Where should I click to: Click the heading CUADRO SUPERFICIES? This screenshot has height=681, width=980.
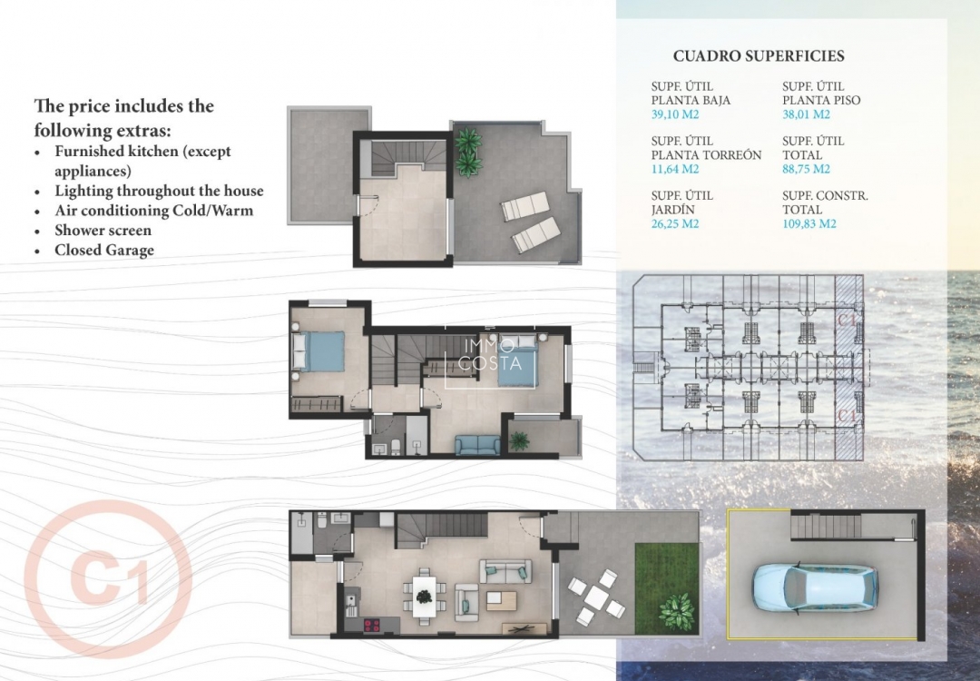pos(759,56)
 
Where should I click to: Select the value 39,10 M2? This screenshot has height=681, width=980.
pos(675,114)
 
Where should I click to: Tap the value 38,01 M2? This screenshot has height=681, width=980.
pos(806,114)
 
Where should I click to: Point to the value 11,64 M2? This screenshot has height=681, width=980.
pos(675,169)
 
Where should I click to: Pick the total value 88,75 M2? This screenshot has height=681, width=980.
pos(806,169)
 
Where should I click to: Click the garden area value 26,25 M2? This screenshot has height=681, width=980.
pos(675,223)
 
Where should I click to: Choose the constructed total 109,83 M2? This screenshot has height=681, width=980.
pos(809,223)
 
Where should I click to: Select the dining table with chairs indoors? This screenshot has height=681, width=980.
pos(425,596)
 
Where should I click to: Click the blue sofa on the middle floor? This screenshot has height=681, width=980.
pos(477,445)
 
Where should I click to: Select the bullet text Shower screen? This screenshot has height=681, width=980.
pos(103,231)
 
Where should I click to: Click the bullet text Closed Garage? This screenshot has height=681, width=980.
pos(104,251)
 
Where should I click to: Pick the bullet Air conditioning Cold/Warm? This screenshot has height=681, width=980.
pos(153,211)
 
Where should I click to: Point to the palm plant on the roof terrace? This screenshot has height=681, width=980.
pos(468,152)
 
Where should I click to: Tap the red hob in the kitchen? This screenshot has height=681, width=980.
pos(372,625)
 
